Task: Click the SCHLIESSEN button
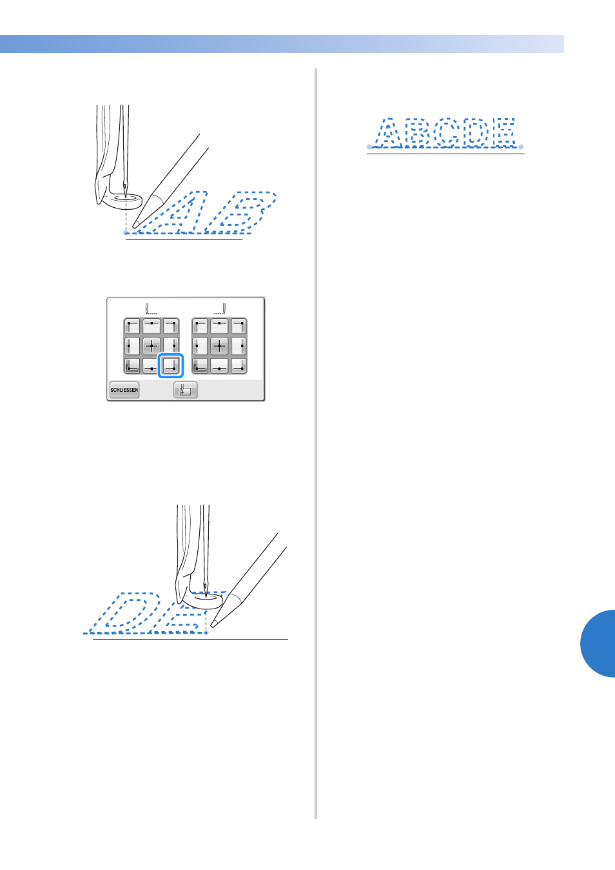click(124, 390)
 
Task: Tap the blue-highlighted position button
click(171, 365)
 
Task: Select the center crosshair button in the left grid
click(151, 345)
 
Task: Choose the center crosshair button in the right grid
click(219, 345)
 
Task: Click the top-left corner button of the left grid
click(132, 327)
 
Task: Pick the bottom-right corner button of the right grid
click(239, 365)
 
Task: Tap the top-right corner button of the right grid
click(239, 327)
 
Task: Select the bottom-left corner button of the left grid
click(132, 365)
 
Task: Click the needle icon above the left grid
click(151, 309)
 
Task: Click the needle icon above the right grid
click(220, 309)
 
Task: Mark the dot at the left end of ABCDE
click(369, 147)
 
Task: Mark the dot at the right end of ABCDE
click(521, 147)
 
